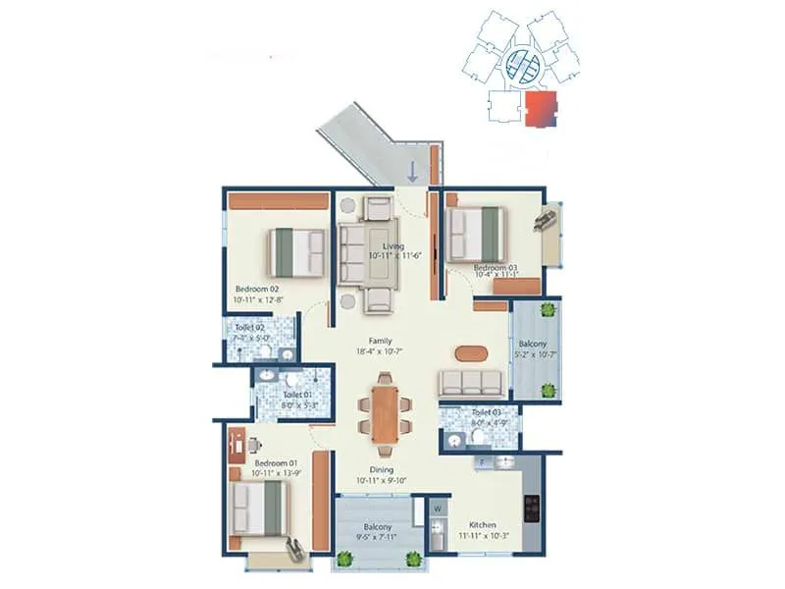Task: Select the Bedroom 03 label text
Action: click(x=496, y=267)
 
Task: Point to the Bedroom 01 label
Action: click(x=275, y=462)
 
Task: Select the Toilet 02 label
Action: click(x=250, y=328)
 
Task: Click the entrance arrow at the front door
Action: click(x=413, y=171)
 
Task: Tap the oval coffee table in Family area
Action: click(x=470, y=351)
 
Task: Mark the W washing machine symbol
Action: click(x=437, y=509)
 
